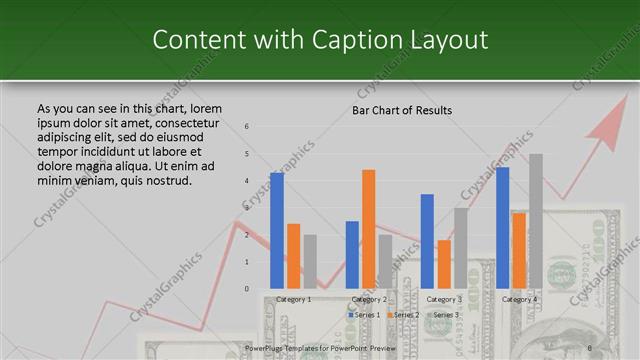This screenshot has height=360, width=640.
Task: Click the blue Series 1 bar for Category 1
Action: (x=277, y=230)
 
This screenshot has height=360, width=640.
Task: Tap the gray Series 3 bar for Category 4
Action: (x=536, y=221)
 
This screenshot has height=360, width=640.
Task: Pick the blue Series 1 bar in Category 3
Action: (x=427, y=241)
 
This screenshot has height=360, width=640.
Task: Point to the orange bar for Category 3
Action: (x=444, y=264)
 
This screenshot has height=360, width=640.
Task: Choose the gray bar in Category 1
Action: (x=310, y=261)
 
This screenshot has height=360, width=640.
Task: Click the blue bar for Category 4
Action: (x=502, y=227)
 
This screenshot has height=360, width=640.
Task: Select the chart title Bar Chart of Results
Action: (x=402, y=110)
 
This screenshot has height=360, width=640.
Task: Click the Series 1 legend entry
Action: (x=364, y=315)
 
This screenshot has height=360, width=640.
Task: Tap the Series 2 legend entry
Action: (x=402, y=315)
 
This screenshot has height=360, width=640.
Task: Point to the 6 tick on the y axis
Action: (x=246, y=127)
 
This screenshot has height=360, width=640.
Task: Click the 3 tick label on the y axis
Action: (x=246, y=208)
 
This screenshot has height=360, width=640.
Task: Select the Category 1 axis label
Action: (x=293, y=299)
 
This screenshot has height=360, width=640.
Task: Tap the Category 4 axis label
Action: (x=519, y=299)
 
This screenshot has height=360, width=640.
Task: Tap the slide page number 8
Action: (x=589, y=349)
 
